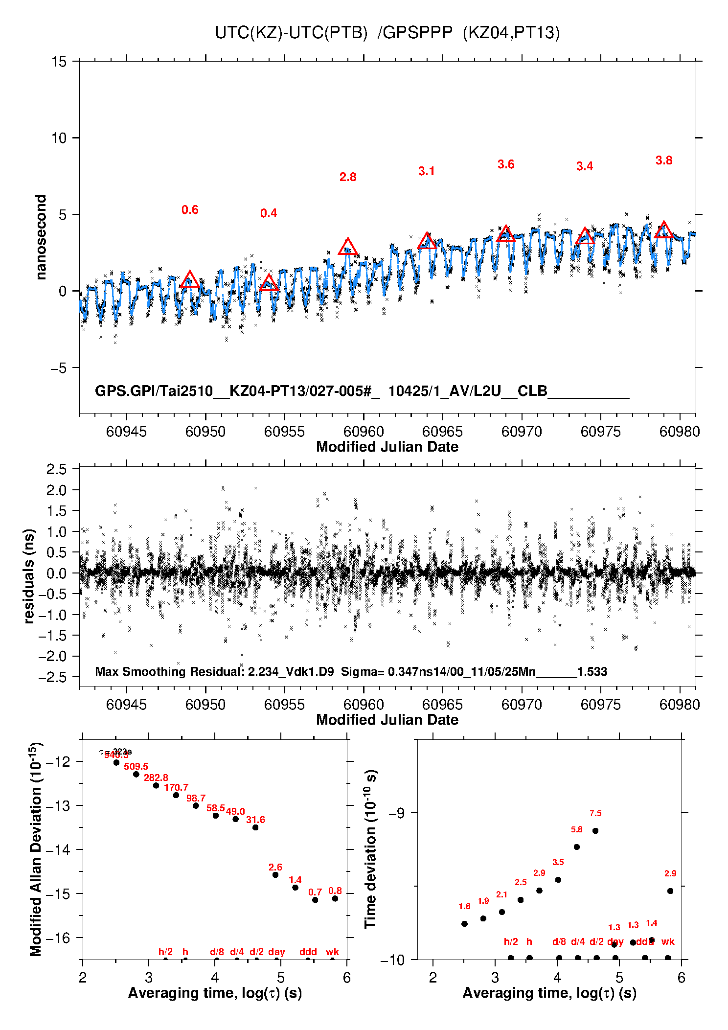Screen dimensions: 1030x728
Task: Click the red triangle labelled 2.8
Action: click(348, 247)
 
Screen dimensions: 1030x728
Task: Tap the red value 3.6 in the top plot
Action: click(506, 164)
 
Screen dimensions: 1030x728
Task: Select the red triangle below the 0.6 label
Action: click(190, 280)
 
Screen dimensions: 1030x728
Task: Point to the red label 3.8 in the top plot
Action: click(664, 160)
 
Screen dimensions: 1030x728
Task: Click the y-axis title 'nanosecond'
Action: click(41, 237)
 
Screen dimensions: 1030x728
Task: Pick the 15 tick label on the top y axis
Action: click(59, 62)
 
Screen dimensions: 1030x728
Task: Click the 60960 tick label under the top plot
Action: click(364, 432)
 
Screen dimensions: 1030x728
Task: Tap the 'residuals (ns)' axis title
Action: click(29, 576)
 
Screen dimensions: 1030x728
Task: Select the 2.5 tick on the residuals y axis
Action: click(56, 469)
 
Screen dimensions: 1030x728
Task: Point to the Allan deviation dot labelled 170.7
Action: click(176, 795)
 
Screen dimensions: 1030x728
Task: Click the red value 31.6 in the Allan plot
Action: click(255, 820)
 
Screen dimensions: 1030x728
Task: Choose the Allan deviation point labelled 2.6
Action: click(275, 875)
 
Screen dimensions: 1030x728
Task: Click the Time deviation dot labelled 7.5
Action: click(595, 830)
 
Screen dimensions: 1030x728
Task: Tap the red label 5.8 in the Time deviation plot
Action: click(577, 829)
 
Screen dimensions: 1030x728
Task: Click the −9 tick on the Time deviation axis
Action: click(396, 813)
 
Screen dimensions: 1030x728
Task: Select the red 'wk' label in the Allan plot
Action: click(332, 952)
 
